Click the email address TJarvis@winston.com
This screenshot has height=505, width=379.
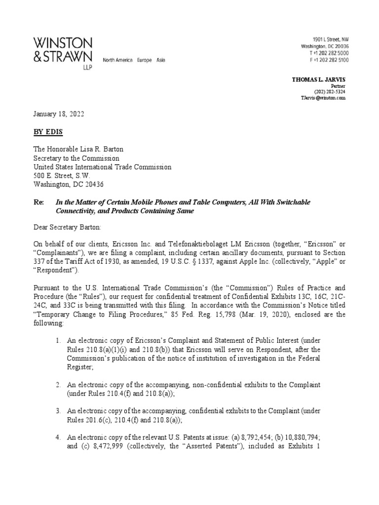click(x=323, y=98)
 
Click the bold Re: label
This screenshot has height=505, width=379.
click(x=38, y=203)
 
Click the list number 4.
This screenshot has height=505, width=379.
click(x=58, y=437)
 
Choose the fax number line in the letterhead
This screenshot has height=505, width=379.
click(x=329, y=60)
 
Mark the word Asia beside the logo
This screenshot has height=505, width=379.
click(x=161, y=60)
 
